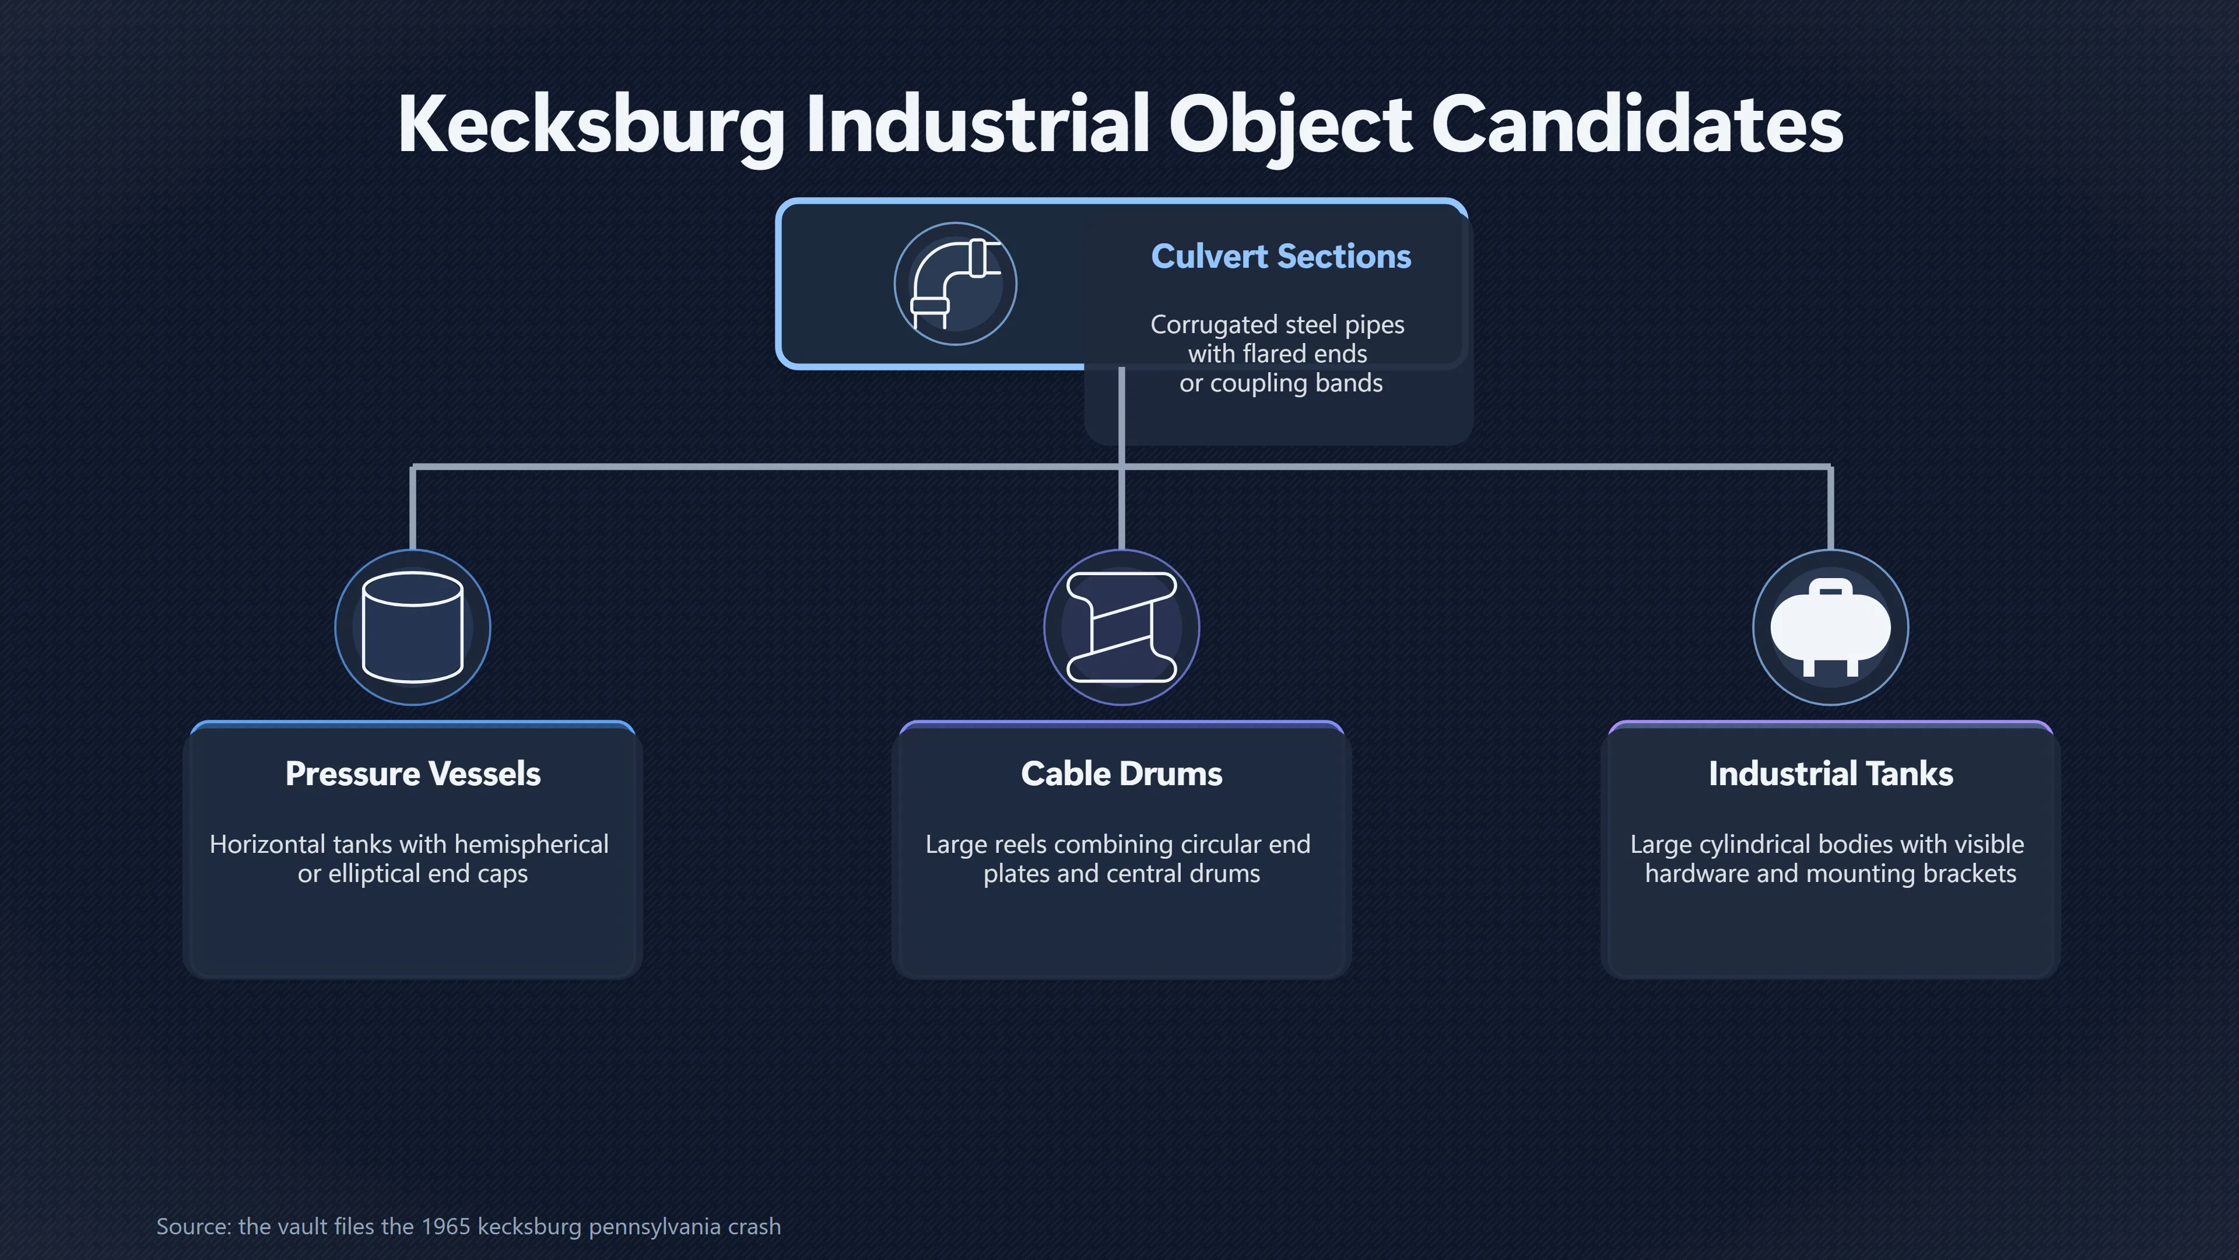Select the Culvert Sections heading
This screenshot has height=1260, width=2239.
click(1281, 257)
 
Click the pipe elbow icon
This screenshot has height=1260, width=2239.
click(955, 283)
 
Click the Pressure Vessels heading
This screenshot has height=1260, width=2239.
click(413, 773)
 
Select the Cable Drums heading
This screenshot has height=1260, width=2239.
click(1121, 773)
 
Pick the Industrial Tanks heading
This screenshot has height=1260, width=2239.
click(1830, 773)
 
